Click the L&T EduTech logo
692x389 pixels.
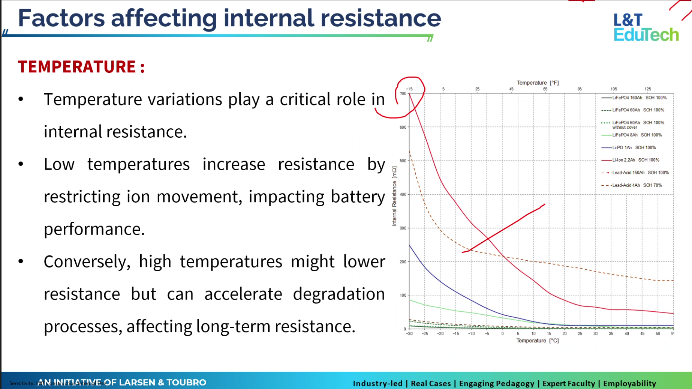tap(646, 27)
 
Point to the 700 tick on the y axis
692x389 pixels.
tap(403, 94)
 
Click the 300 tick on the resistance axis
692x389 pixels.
tap(403, 228)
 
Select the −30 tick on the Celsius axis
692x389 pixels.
tap(409, 333)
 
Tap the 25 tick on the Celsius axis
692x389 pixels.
tap(580, 333)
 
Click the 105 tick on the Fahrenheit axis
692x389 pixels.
tap(614, 89)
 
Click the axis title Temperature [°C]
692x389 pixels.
tap(537, 341)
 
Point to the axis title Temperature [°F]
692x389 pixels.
tap(538, 83)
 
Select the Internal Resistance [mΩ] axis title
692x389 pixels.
tap(394, 196)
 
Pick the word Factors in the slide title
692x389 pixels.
tap(61, 18)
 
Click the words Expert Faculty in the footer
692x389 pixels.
tap(569, 383)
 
